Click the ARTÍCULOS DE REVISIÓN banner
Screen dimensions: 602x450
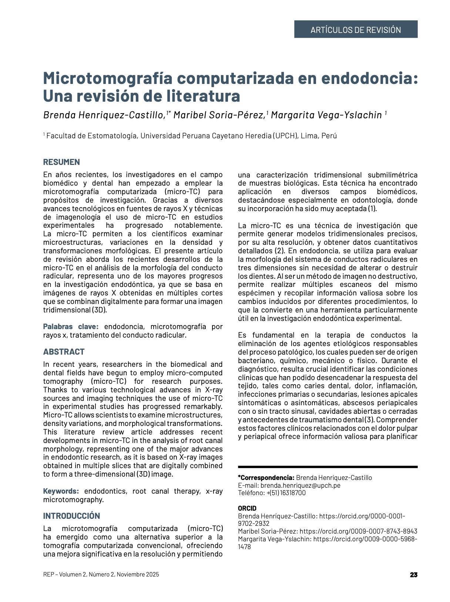click(356, 30)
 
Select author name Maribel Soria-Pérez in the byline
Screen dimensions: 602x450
click(219, 115)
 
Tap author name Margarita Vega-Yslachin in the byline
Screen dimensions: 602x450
click(326, 115)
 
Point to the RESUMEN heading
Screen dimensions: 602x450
click(61, 162)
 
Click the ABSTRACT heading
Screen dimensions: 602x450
click(64, 352)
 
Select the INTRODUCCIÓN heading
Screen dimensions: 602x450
click(71, 516)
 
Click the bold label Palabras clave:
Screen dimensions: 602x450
click(71, 327)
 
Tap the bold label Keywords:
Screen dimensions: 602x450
click(61, 491)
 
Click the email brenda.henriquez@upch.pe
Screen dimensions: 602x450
click(300, 485)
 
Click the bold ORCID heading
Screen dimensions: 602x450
click(247, 508)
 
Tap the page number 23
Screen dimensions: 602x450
click(413, 575)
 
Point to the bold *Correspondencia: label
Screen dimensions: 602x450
click(266, 478)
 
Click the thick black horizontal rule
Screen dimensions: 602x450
click(328, 467)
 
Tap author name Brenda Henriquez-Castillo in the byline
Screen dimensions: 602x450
click(104, 115)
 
